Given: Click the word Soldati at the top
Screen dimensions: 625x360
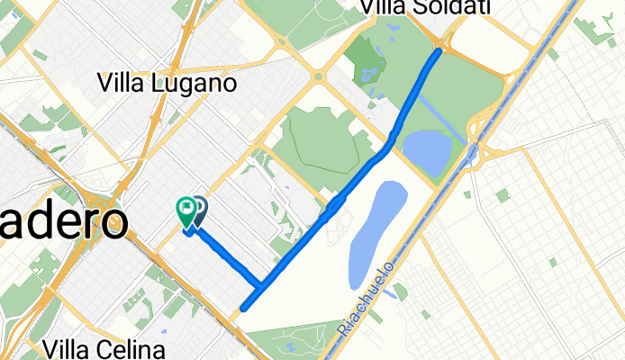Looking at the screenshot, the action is coord(457,8).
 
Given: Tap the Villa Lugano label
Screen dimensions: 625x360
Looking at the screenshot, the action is coord(167,84).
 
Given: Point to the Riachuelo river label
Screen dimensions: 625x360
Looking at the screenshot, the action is coord(367,300).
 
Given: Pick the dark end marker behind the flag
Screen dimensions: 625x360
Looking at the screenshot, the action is coord(199,211).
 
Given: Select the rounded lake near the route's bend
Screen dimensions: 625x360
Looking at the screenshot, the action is coord(427,153).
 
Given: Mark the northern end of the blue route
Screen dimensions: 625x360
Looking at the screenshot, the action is coord(439,51).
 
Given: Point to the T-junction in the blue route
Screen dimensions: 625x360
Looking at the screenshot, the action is coord(260,287).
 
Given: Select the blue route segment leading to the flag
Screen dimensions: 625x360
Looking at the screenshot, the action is coord(225,256).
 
